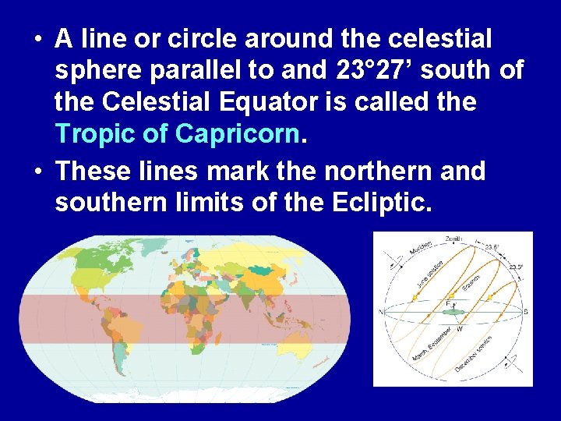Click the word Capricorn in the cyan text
[238, 134]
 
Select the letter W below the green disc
[460, 328]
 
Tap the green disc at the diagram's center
[453, 312]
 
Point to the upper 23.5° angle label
[492, 247]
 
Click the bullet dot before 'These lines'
[38, 170]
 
